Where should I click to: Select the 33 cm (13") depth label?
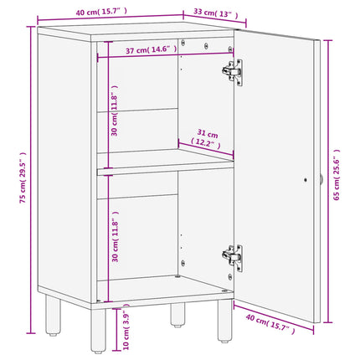point(215,13)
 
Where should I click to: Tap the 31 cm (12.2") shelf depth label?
point(206,138)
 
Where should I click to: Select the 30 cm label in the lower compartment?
point(115,237)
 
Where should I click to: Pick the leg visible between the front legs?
point(177,311)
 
